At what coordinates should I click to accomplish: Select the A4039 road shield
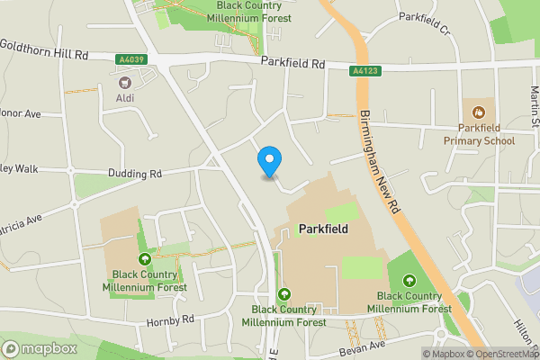pos(131,60)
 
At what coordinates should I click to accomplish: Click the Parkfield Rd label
pos(292,63)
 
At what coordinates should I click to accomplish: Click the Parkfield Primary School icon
pos(479,112)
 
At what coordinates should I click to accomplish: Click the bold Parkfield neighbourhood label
pos(322,229)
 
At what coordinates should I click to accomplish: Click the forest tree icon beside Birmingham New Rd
pos(411,280)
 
